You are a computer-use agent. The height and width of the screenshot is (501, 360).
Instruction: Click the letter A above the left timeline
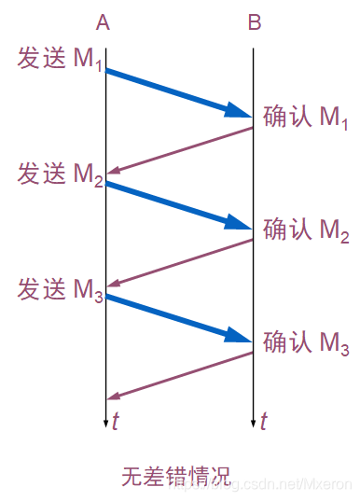(x=103, y=22)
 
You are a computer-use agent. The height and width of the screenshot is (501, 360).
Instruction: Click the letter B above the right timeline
(x=255, y=22)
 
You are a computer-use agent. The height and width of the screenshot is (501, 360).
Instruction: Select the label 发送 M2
(x=59, y=174)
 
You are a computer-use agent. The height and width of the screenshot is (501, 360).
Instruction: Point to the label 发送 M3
(x=59, y=288)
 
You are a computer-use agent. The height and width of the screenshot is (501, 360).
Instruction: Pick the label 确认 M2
(x=307, y=230)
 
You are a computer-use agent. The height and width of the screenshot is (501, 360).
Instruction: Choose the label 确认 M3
(x=307, y=343)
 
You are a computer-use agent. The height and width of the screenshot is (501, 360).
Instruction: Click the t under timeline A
(x=116, y=421)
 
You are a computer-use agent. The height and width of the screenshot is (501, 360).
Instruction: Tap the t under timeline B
(x=264, y=421)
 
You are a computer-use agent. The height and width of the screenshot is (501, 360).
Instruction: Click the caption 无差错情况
(x=174, y=474)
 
